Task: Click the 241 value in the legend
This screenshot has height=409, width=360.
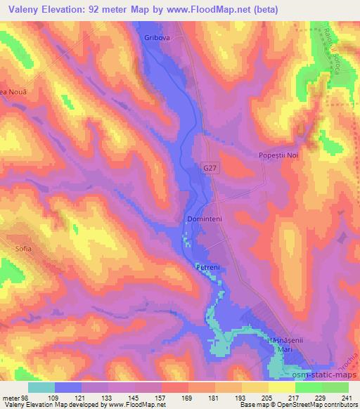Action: point(345,398)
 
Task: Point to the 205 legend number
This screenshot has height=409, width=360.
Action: point(267,398)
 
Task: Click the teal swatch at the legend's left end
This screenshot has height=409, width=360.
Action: point(41,388)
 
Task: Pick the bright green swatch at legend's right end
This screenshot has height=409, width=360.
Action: point(333,388)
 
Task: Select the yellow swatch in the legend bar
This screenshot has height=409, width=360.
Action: point(281,388)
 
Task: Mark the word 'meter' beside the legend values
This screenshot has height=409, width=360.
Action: point(11,398)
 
